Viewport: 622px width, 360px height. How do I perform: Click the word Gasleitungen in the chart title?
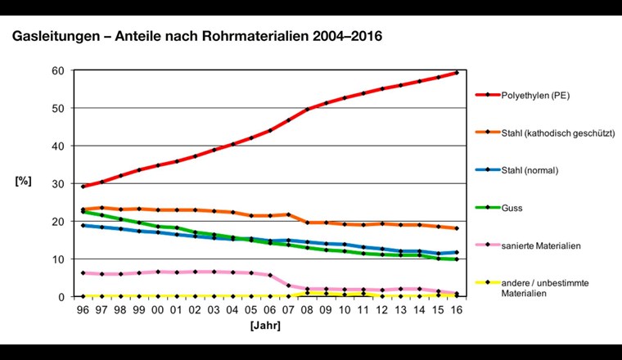(x=52, y=38)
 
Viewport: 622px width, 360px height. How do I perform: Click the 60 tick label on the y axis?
(x=59, y=70)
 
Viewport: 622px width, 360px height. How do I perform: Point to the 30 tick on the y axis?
(x=59, y=183)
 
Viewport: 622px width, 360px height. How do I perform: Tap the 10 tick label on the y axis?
(x=59, y=259)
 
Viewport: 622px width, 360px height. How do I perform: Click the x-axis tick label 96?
(x=83, y=311)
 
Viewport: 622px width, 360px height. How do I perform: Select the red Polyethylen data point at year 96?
(x=83, y=187)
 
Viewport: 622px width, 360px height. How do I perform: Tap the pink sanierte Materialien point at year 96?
(x=83, y=273)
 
